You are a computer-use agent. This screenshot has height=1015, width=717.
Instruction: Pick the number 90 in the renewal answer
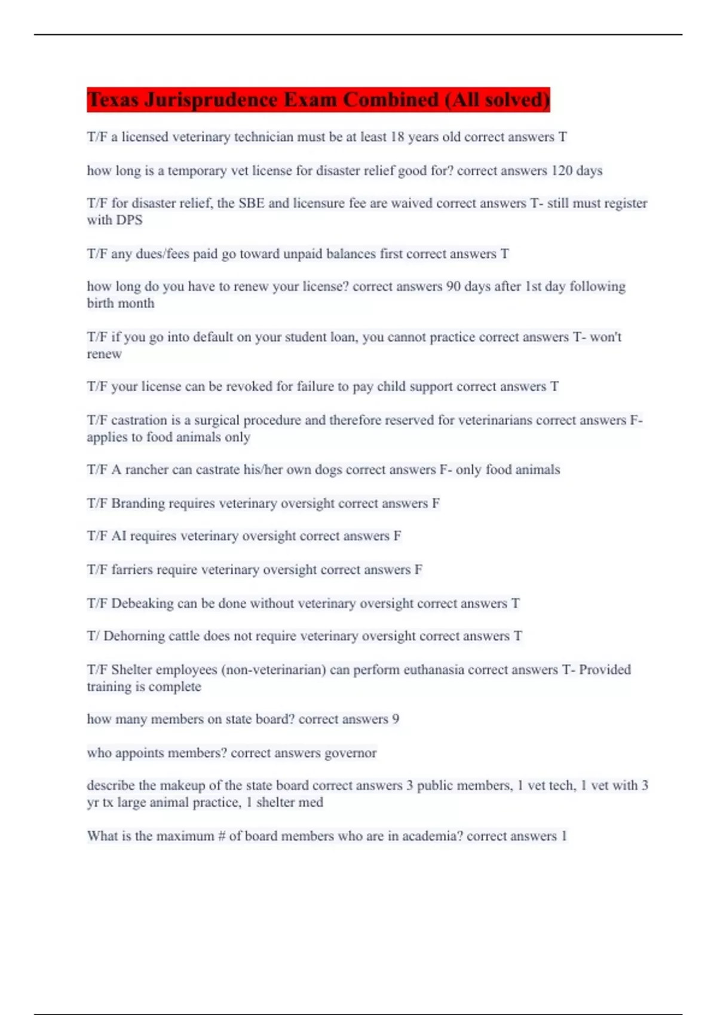point(454,287)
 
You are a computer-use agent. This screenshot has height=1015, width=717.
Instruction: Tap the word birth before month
point(103,303)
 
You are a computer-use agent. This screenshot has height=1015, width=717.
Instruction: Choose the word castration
point(140,420)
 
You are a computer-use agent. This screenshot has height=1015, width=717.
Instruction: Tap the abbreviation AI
point(119,536)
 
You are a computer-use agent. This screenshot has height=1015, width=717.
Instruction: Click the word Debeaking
point(142,604)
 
